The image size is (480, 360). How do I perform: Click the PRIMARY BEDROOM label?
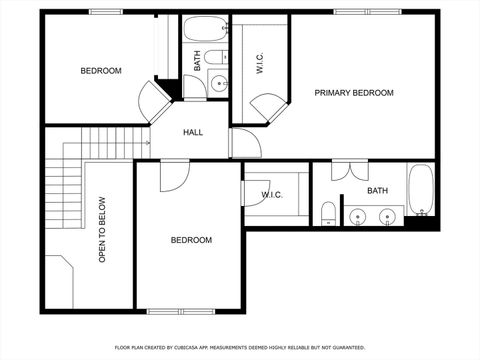pyautogui.click(x=354, y=93)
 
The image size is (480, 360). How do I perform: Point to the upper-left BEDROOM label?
pyautogui.click(x=101, y=71)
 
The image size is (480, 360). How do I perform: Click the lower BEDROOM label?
pyautogui.click(x=190, y=240)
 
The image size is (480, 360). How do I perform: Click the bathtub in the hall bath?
pyautogui.click(x=206, y=29)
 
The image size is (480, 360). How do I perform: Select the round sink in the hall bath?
pyautogui.click(x=218, y=87)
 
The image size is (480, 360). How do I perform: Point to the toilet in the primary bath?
pyautogui.click(x=328, y=212)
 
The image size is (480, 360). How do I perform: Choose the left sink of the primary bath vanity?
pyautogui.click(x=359, y=215)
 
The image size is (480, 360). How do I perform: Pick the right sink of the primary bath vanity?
pyautogui.click(x=388, y=215)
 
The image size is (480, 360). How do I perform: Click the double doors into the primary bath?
pyautogui.click(x=344, y=170)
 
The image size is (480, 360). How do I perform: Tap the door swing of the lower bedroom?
pyautogui.click(x=172, y=173)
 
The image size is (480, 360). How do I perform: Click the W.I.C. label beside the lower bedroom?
pyautogui.click(x=273, y=195)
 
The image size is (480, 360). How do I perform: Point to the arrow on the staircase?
pyautogui.click(x=146, y=143)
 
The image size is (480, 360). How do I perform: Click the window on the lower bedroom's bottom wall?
pyautogui.click(x=189, y=311)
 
